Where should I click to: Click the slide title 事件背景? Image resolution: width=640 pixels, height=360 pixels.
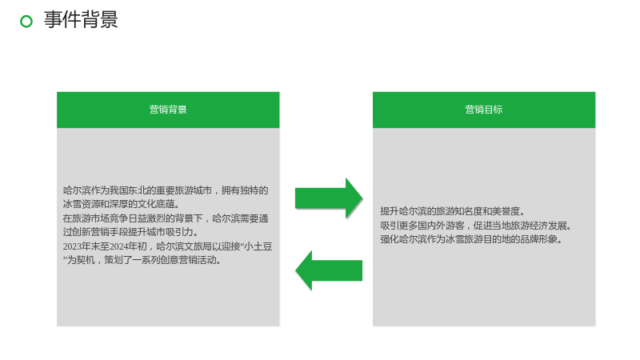tap(81, 19)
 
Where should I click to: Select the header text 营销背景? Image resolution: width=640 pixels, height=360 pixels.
tap(168, 110)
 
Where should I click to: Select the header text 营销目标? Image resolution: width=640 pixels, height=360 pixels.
tap(484, 110)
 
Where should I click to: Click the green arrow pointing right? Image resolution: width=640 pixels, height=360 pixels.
tap(329, 198)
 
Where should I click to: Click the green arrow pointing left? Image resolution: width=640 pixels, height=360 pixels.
tap(329, 270)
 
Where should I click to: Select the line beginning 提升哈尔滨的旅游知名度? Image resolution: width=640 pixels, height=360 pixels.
tap(453, 211)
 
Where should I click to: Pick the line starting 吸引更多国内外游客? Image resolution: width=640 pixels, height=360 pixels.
tap(476, 226)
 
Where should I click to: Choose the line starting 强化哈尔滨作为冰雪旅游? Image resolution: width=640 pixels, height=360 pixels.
tap(471, 239)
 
